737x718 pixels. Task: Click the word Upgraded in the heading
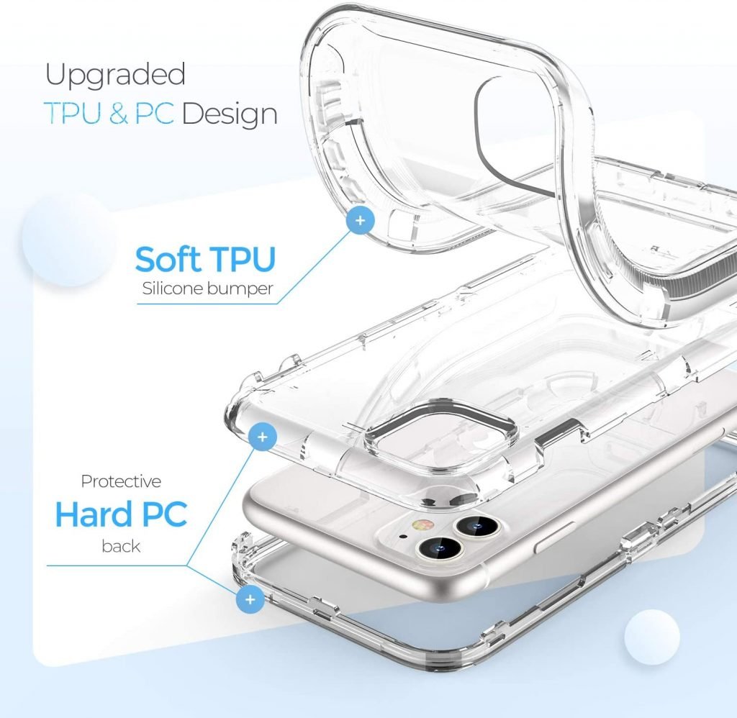[115, 76]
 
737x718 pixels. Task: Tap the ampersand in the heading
[119, 114]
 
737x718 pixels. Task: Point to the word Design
[230, 114]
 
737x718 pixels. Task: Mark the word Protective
[121, 481]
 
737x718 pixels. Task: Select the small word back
[121, 547]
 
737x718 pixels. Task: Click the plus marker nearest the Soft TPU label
[359, 219]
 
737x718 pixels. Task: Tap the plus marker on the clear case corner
[263, 437]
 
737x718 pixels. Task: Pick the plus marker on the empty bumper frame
[250, 599]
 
